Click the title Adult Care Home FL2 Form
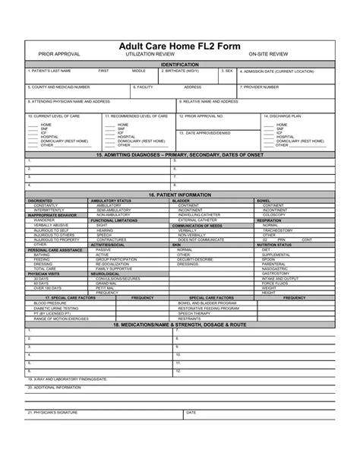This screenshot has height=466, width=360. (x=179, y=46)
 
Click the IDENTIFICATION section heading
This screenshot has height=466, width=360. (x=179, y=65)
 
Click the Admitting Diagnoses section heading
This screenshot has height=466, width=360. (x=179, y=154)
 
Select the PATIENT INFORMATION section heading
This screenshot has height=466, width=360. (x=179, y=195)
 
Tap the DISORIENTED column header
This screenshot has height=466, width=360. (x=40, y=200)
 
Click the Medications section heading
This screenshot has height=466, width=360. (x=179, y=323)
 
